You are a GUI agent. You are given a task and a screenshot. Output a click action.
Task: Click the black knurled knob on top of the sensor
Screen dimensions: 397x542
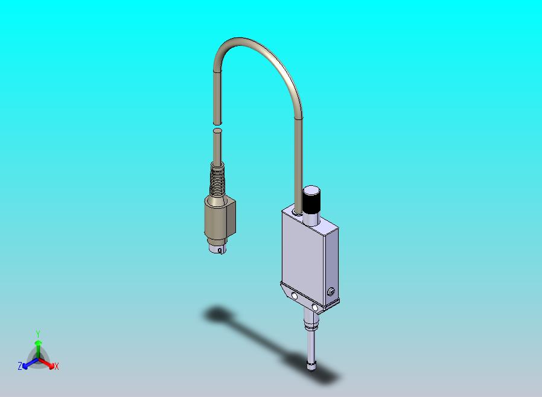pyautogui.click(x=311, y=199)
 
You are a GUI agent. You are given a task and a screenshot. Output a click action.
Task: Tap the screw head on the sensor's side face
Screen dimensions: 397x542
pyautogui.click(x=330, y=292)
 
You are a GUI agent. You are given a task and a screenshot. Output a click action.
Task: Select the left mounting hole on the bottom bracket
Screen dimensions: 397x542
pyautogui.click(x=294, y=296)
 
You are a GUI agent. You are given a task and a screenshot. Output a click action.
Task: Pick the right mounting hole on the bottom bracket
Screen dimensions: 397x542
pyautogui.click(x=314, y=307)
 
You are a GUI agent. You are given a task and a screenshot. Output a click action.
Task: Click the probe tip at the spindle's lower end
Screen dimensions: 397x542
pyautogui.click(x=311, y=365)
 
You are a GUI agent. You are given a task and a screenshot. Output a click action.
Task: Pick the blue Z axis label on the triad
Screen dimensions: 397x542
pyautogui.click(x=20, y=366)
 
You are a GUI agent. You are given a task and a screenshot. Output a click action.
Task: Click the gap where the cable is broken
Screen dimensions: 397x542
pyautogui.click(x=217, y=125)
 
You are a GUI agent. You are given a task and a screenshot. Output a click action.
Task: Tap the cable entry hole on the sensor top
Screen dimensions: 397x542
pyautogui.click(x=298, y=211)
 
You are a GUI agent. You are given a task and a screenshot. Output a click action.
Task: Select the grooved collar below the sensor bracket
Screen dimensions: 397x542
pyautogui.click(x=310, y=326)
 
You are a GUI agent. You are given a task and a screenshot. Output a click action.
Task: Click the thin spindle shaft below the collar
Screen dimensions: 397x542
pyautogui.click(x=310, y=346)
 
